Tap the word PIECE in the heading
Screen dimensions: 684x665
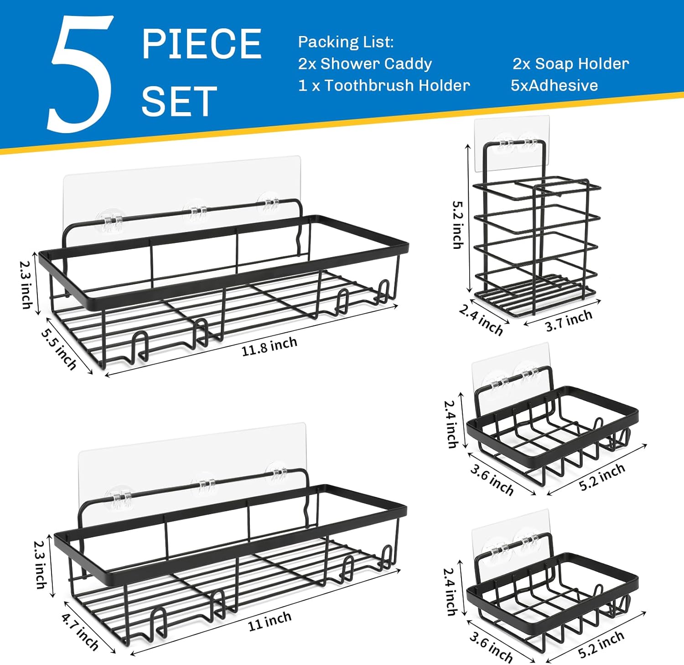point(202,44)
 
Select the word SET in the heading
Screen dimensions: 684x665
point(179,101)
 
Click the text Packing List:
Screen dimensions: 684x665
point(346,42)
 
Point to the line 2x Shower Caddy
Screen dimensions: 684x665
point(365,63)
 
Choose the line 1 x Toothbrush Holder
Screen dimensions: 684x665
point(384,85)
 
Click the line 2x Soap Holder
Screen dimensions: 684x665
point(571,63)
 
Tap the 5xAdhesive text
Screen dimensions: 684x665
point(554,85)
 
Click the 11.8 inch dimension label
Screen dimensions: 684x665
point(269,346)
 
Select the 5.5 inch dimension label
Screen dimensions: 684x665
point(59,349)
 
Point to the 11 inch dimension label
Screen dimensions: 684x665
point(269,621)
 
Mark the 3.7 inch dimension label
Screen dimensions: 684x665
point(569,320)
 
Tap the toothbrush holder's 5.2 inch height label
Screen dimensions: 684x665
point(457,225)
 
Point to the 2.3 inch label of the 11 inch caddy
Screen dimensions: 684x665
point(41,564)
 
